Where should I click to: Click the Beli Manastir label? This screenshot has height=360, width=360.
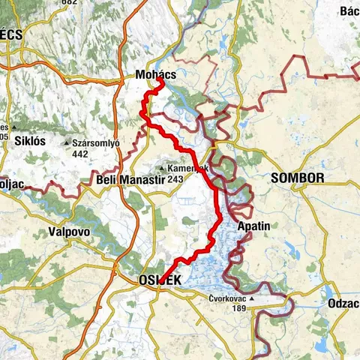[x=125, y=179]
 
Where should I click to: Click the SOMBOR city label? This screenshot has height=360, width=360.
[x=298, y=178]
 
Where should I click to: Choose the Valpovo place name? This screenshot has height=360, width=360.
[x=69, y=232]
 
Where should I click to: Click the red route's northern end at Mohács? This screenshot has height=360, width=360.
[x=160, y=82]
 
